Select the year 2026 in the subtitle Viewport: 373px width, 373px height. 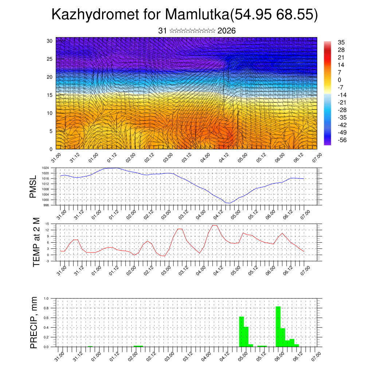[x=227, y=31]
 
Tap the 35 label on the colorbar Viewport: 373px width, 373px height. [x=341, y=42]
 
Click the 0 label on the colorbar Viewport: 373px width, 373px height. [x=339, y=80]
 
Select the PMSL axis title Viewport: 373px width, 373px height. [x=33, y=186]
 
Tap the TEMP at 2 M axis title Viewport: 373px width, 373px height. [x=36, y=242]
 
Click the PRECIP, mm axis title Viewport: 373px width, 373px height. [x=34, y=322]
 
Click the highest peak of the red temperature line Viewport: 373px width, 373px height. [x=215, y=225]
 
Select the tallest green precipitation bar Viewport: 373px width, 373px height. [x=278, y=326]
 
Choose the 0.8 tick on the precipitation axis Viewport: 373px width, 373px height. [x=46, y=308]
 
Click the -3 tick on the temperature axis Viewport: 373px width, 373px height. [x=48, y=261]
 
